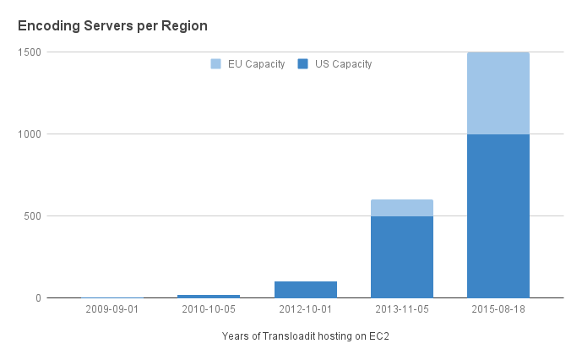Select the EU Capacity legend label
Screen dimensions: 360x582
point(256,64)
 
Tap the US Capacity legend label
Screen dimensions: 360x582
point(343,64)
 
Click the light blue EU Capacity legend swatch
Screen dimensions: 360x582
point(216,64)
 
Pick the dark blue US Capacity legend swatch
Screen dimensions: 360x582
point(303,64)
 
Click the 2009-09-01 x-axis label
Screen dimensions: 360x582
point(112,309)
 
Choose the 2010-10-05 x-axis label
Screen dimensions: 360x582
point(209,309)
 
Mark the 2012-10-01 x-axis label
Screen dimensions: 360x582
point(306,309)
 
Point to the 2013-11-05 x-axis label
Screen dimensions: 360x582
point(402,309)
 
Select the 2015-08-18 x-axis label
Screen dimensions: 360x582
point(498,309)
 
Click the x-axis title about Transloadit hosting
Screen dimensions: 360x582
point(306,336)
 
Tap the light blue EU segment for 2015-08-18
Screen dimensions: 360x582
point(498,93)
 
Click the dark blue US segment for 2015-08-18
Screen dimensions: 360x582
point(498,215)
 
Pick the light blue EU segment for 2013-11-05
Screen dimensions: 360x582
point(402,208)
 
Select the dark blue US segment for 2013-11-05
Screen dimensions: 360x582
point(402,257)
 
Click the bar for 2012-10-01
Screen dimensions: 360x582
point(306,289)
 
